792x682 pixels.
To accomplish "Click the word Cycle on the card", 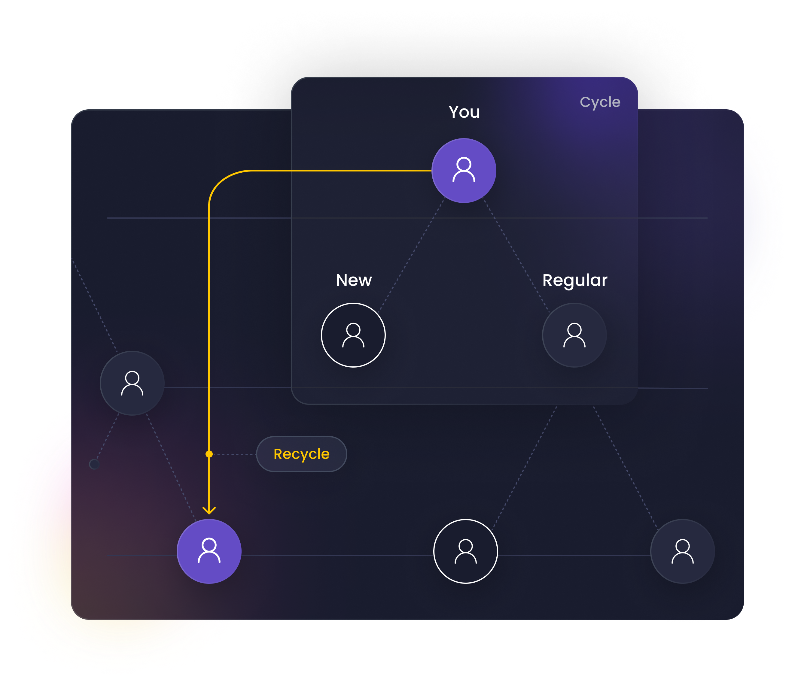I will coord(600,102).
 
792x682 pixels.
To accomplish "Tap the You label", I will coord(464,112).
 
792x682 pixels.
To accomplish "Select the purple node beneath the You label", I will coord(464,170).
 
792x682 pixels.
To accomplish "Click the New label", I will coord(354,280).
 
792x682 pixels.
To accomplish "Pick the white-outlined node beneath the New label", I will coord(353,335).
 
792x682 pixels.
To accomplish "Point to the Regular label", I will coord(574,280).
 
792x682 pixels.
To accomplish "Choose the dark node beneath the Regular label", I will coord(574,335).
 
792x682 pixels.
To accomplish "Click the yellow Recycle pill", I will coord(301,454).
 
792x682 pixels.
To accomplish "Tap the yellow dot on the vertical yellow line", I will coord(209,454).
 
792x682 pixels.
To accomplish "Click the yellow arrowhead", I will coord(209,511).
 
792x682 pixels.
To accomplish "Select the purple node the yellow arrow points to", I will coord(209,551).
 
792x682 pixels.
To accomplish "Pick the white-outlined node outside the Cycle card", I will coord(466,551).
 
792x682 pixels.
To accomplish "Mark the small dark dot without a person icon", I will coord(94,464).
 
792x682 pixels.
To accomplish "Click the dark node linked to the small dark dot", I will coord(132,383).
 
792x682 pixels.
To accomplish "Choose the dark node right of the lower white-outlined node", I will coord(682,551).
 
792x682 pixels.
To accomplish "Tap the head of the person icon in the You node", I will coord(464,164).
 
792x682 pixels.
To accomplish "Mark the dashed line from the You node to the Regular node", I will coord(516,254).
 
